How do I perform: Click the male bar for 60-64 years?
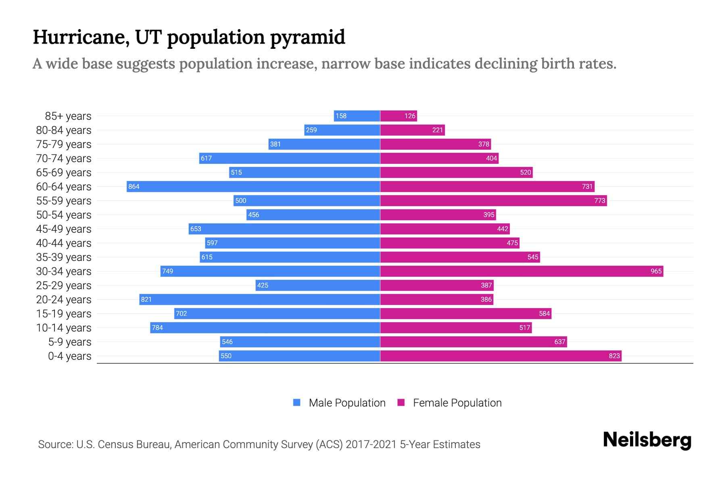pyautogui.click(x=253, y=186)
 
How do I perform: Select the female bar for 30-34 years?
pyautogui.click(x=522, y=271)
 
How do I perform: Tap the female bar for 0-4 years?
pyautogui.click(x=501, y=356)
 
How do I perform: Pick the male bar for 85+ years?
pyautogui.click(x=357, y=116)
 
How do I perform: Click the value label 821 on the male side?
pyautogui.click(x=146, y=299)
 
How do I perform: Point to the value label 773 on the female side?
pyautogui.click(x=599, y=200)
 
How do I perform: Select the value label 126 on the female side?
pyautogui.click(x=410, y=116)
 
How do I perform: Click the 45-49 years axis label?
pyautogui.click(x=64, y=229)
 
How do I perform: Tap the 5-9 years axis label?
pyautogui.click(x=69, y=342)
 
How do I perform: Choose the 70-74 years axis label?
pyautogui.click(x=64, y=158)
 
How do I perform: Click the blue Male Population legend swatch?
pyautogui.click(x=297, y=403)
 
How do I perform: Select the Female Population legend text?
pyautogui.click(x=457, y=403)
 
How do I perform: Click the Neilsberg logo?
pyautogui.click(x=647, y=440)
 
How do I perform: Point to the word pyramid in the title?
pyautogui.click(x=307, y=37)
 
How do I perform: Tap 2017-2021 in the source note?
pyautogui.click(x=371, y=444)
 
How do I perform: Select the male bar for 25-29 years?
pyautogui.click(x=318, y=285)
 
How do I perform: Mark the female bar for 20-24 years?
pyautogui.click(x=436, y=299)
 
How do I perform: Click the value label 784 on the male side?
pyautogui.click(x=157, y=328)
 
